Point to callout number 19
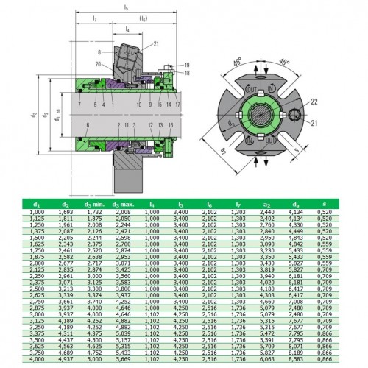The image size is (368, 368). (188, 66)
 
